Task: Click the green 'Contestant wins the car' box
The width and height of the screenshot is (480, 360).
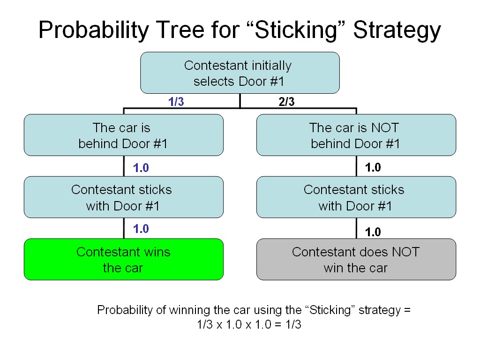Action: pyautogui.click(x=123, y=259)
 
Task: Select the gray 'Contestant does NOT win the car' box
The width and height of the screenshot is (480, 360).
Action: pyautogui.click(x=356, y=259)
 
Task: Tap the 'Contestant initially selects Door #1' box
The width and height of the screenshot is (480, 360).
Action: pyautogui.click(x=240, y=73)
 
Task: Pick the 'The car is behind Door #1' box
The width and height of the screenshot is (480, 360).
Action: pyautogui.click(x=123, y=135)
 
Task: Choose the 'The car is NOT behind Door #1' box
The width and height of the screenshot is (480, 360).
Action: pyautogui.click(x=356, y=135)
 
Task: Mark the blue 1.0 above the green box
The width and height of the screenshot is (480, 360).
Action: pyautogui.click(x=141, y=229)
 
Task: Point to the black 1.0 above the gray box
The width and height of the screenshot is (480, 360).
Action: pyautogui.click(x=373, y=232)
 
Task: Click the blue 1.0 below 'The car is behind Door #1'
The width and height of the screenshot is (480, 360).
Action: pyautogui.click(x=141, y=168)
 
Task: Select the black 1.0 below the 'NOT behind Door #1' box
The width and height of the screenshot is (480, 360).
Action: pyautogui.click(x=373, y=168)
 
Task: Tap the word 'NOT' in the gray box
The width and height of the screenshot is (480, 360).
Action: pyautogui.click(x=405, y=252)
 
